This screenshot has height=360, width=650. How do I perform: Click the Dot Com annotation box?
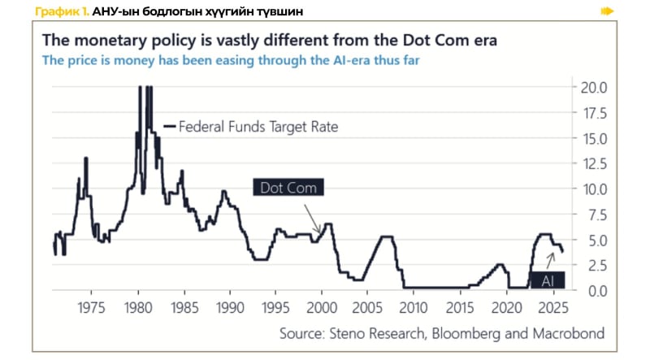pos(288,187)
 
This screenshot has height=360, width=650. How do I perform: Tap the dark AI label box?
pos(548,280)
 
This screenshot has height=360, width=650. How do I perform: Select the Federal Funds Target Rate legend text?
pos(258,127)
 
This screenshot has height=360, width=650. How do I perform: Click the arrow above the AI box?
pos(549,258)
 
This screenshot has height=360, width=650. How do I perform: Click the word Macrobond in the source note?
pos(561,334)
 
